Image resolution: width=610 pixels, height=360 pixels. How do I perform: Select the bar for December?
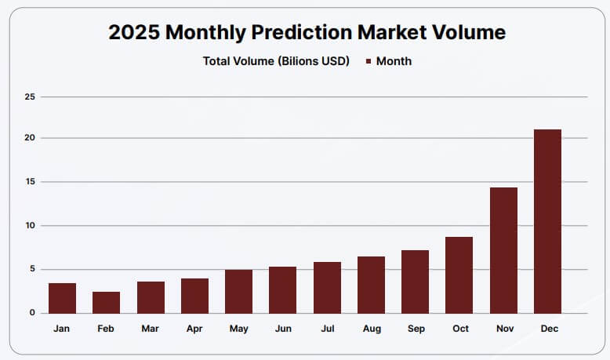click(x=547, y=221)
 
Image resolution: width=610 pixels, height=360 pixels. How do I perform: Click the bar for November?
click(x=503, y=250)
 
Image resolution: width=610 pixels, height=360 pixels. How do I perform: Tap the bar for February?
click(x=106, y=302)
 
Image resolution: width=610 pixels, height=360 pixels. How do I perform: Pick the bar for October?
click(x=459, y=275)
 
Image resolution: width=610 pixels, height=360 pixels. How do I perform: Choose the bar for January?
click(x=62, y=298)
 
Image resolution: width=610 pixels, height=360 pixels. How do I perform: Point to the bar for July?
click(x=327, y=287)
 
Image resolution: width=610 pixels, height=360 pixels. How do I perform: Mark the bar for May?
click(x=238, y=291)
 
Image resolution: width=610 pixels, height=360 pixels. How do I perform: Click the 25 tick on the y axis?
click(x=31, y=97)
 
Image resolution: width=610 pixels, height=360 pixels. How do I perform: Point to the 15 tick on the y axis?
click(x=31, y=182)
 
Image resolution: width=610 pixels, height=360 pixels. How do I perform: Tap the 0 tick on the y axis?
click(x=33, y=313)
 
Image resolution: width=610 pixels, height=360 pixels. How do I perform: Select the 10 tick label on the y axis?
click(x=31, y=226)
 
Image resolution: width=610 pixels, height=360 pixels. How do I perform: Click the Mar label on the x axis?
click(x=151, y=329)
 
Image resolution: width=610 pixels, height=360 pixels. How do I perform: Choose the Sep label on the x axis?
click(x=416, y=329)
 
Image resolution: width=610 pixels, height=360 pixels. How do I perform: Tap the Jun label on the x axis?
click(x=283, y=329)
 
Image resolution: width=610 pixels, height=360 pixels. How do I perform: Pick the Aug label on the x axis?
click(x=372, y=329)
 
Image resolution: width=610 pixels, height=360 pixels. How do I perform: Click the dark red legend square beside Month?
click(x=368, y=61)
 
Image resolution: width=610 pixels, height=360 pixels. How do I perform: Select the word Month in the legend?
click(x=394, y=61)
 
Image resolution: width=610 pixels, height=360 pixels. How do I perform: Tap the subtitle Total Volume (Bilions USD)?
click(x=276, y=61)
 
